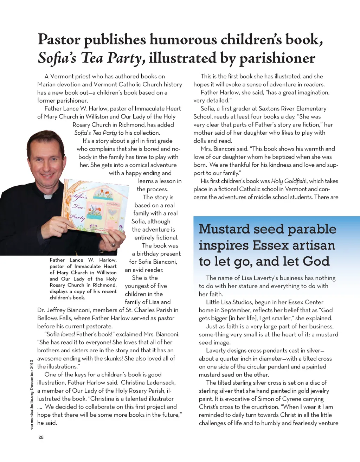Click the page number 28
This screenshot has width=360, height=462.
41,437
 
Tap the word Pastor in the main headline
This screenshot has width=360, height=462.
59,39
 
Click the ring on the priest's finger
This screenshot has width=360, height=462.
113,245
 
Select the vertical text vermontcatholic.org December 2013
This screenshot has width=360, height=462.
32,394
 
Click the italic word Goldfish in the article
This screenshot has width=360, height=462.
295,181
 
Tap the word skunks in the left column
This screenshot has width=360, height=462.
112,358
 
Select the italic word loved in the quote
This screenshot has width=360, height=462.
68,334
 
